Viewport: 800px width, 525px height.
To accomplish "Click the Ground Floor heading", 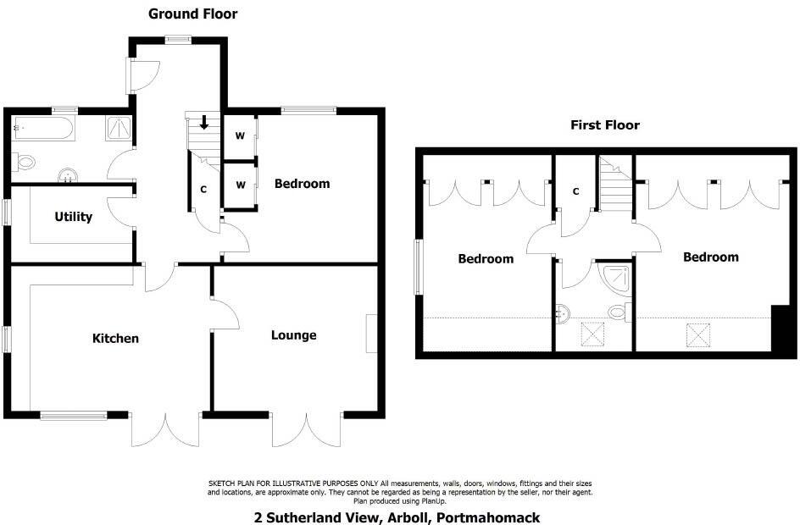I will pos(192,14).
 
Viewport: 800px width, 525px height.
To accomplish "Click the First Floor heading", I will pos(604,125).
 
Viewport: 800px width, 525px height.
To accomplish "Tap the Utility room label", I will pos(73,217).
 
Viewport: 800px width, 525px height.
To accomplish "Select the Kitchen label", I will pos(115,339).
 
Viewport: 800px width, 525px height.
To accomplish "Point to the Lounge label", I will pos(293,335).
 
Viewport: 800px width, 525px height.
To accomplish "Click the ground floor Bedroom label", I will pos(302,184).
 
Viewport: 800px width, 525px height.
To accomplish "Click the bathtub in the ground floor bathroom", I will pos(43,130).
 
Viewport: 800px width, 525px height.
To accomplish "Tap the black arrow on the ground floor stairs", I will pos(203,124).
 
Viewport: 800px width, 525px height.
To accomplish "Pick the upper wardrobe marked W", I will pos(240,136).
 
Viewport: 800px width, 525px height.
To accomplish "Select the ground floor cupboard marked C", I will pos(203,190).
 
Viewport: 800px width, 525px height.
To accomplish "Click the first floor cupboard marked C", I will pos(575,191).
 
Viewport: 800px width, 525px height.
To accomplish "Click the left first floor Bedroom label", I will pos(486,259).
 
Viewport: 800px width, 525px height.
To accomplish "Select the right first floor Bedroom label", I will pos(710,257).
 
